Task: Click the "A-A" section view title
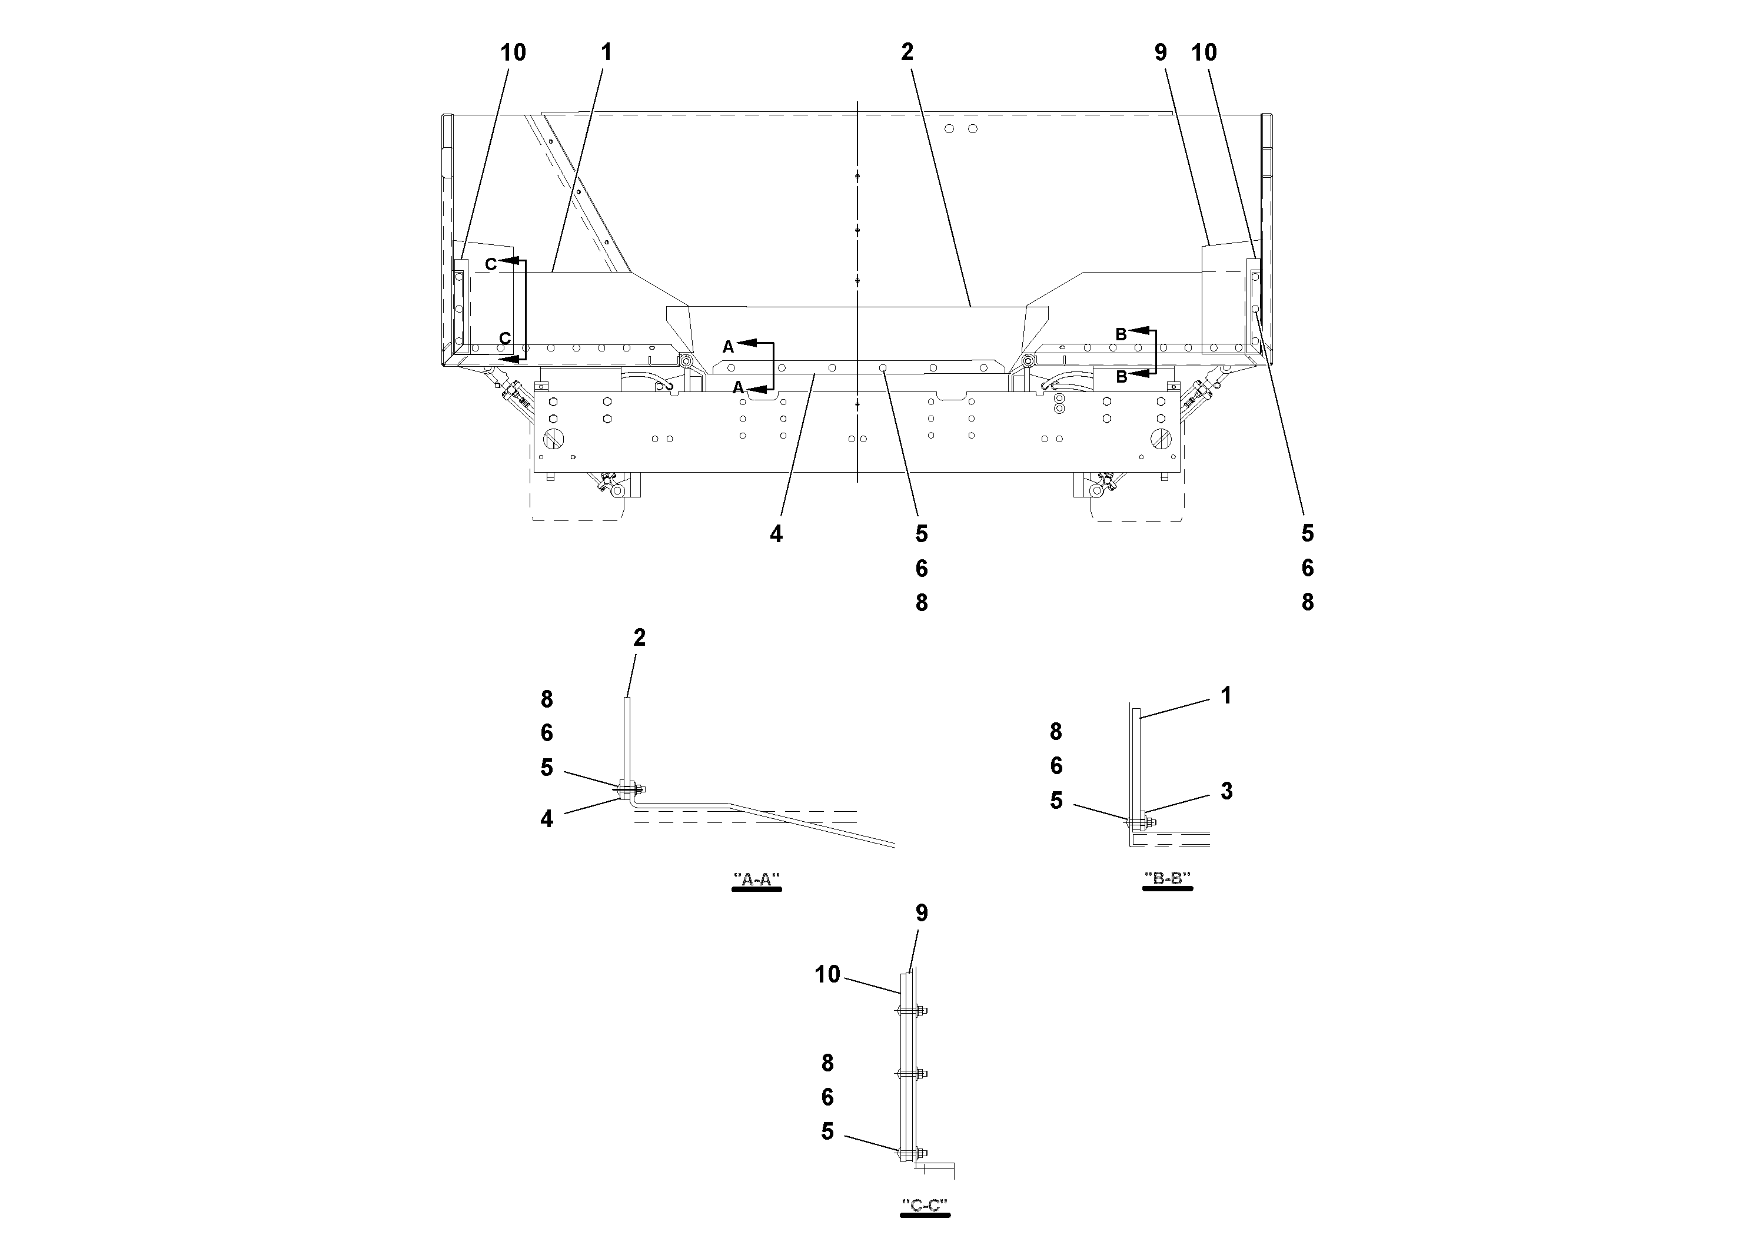[x=756, y=879]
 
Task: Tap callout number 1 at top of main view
[x=607, y=52]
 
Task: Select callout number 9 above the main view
[x=1161, y=52]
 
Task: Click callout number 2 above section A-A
[x=640, y=638]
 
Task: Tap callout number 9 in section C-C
[x=922, y=913]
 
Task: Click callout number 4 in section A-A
[x=546, y=819]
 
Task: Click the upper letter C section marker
[x=491, y=264]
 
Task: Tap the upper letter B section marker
[x=1121, y=334]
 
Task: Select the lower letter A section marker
[x=738, y=388]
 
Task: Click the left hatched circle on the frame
[x=553, y=439]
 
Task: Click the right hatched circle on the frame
[x=1160, y=439]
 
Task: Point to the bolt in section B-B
[x=1140, y=822]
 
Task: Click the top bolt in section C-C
[x=911, y=1011]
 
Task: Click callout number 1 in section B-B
[x=1226, y=695]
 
